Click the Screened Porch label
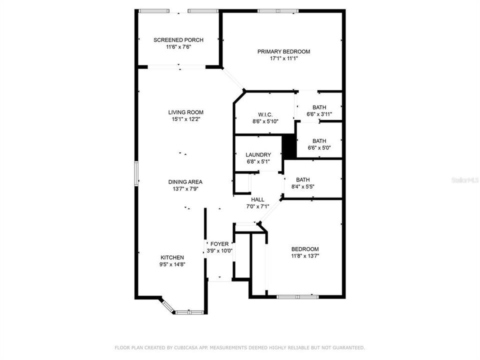(x=172, y=40)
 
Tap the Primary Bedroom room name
(x=283, y=51)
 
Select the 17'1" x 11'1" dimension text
(x=283, y=58)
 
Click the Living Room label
(x=185, y=112)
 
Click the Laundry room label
(x=258, y=155)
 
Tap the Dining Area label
(x=185, y=182)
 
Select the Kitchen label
(x=172, y=257)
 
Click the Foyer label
(x=219, y=244)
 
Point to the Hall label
(x=257, y=199)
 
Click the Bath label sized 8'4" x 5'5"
(x=302, y=180)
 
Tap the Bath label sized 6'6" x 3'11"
(x=319, y=107)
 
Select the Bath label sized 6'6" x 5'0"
(x=319, y=141)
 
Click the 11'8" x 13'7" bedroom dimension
(x=305, y=256)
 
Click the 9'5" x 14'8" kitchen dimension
(x=172, y=264)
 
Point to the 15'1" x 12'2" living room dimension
(x=185, y=119)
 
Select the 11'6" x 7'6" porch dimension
(x=172, y=47)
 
